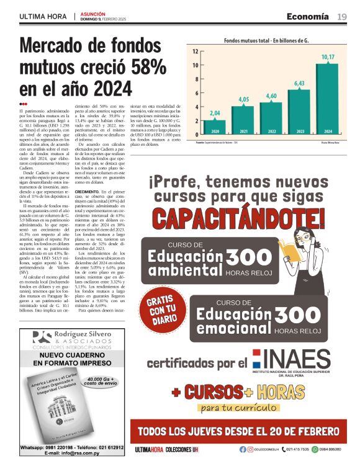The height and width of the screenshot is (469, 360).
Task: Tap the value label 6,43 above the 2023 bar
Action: click(299, 83)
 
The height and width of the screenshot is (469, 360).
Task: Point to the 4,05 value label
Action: click(243, 99)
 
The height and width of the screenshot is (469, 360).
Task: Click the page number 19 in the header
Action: click(341, 16)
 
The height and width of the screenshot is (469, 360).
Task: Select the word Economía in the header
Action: click(308, 16)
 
